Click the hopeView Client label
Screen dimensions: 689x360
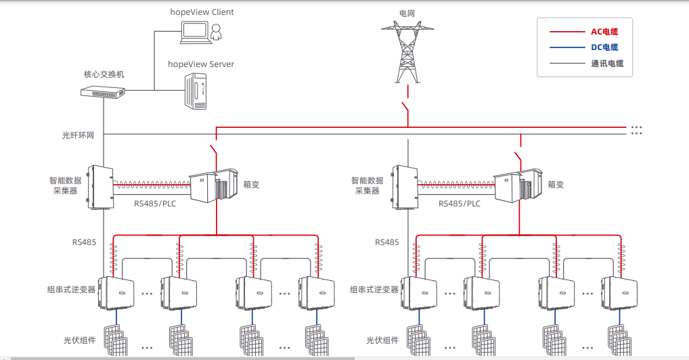202,12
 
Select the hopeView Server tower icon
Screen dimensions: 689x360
196,91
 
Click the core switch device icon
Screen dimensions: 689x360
103,92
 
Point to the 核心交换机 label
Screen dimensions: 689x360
104,74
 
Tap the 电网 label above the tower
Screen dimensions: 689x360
407,14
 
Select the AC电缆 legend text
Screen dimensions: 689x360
604,32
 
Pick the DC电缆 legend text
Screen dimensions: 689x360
604,47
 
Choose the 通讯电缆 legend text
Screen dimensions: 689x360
607,64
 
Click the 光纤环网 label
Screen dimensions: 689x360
78,135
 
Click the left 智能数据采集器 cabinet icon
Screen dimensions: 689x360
101,187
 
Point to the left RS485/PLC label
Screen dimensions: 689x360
155,204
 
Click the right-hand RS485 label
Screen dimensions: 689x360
386,242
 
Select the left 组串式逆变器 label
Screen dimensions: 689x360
71,290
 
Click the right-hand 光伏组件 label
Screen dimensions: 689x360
382,340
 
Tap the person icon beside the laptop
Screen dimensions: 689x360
216,32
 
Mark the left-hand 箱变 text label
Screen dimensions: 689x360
251,185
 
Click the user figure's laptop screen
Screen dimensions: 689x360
195,30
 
